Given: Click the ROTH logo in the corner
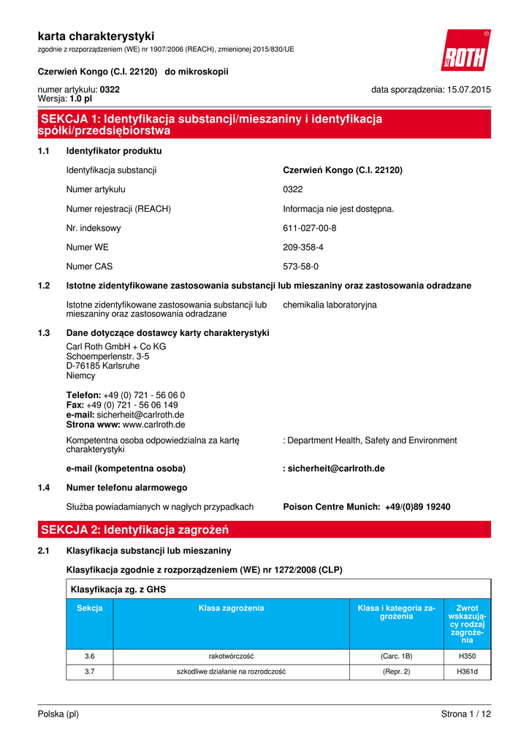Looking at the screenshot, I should [465, 51].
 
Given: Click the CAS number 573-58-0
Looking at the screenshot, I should [300, 267].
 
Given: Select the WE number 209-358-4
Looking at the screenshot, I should [302, 248].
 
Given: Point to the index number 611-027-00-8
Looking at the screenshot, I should [309, 228].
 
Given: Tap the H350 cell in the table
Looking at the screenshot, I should [468, 656].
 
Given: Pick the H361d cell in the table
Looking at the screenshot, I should [468, 671].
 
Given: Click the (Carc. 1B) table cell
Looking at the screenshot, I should [397, 656].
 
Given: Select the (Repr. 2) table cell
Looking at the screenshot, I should [397, 671].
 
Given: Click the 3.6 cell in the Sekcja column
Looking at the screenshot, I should [89, 656].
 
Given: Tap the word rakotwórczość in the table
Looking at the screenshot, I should [231, 656].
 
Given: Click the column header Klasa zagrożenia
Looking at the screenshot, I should [231, 608].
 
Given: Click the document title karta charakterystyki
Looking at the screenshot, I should [96, 36].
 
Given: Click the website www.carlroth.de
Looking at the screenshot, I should [153, 424].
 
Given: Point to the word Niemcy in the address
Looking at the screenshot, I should [80, 376].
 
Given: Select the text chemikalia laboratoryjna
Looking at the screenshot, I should [330, 305].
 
